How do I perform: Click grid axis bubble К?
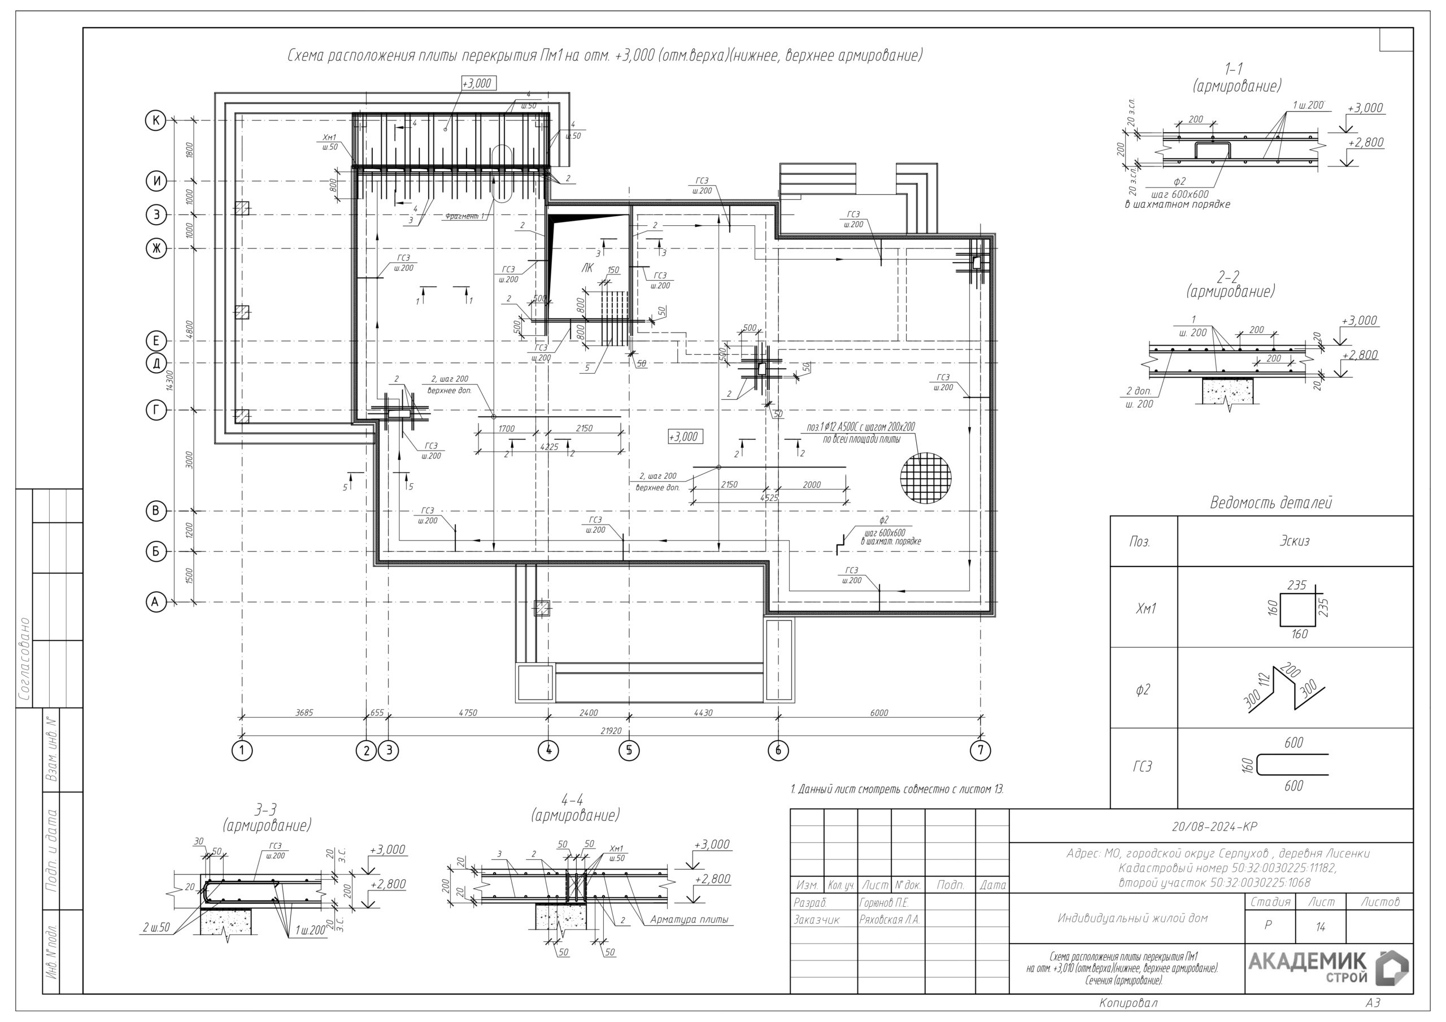[x=155, y=120]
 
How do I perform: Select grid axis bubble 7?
[x=980, y=750]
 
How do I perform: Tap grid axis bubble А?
[x=155, y=602]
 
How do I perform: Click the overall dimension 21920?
[x=610, y=731]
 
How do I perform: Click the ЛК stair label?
[x=586, y=268]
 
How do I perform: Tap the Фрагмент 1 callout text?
[x=465, y=216]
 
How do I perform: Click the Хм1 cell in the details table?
[x=1146, y=608]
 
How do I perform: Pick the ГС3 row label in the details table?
[x=1143, y=767]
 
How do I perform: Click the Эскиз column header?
[x=1294, y=541]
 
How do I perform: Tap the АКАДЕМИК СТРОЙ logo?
[x=1327, y=968]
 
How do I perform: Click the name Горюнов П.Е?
[x=883, y=903]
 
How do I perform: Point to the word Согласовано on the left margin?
[x=24, y=659]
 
